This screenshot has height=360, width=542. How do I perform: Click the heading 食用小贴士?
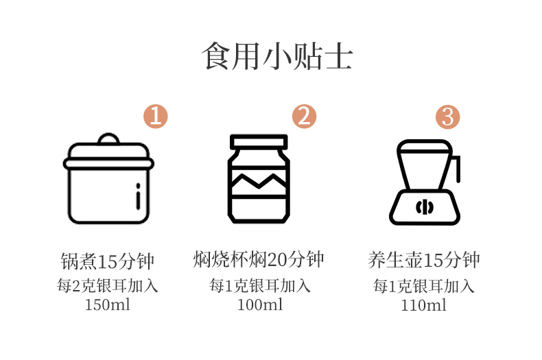coord(277,56)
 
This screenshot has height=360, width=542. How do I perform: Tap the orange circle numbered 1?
coord(156,117)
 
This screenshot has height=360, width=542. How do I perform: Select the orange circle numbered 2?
coord(304,117)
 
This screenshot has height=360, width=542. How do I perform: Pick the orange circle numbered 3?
coord(447,117)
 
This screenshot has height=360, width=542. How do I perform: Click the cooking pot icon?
coord(108,178)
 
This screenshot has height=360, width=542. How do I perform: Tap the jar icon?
coord(259,178)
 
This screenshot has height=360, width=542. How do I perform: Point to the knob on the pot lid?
coord(108,139)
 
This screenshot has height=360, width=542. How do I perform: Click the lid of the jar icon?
coord(259,142)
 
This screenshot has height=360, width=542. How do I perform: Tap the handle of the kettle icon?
coord(457,169)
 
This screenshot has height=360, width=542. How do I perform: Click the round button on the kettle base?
coord(425,207)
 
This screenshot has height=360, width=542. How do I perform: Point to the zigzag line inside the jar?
coord(259,181)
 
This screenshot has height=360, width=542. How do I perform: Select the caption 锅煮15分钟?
coord(108,261)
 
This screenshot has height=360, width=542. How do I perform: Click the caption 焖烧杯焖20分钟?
coord(259,259)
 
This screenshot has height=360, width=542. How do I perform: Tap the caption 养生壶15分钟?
coord(424,260)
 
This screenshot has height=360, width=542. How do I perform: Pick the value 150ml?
coord(108,304)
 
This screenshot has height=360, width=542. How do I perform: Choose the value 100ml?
coord(260,304)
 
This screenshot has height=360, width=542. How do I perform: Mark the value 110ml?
coord(423,305)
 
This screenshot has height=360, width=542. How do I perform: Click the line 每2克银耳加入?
coord(108,286)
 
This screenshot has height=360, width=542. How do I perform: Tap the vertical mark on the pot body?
coord(138,196)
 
